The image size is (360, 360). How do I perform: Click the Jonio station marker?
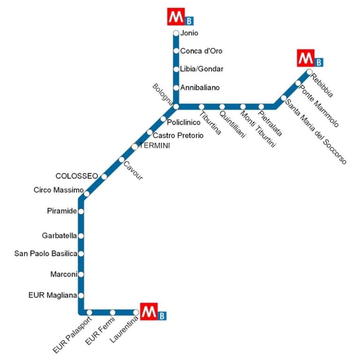pyautogui.click(x=176, y=33)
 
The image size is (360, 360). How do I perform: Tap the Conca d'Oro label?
pyautogui.click(x=201, y=51)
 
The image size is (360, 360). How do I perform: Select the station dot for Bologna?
pyautogui.click(x=176, y=106)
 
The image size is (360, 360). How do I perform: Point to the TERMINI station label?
pyautogui.click(x=155, y=146)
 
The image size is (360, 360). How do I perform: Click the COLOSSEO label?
pyautogui.click(x=77, y=176)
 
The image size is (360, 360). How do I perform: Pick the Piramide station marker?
pyautogui.click(x=81, y=211)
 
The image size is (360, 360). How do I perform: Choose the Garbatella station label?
pyautogui.click(x=59, y=236)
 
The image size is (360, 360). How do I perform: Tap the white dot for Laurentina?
pyautogui.click(x=136, y=313)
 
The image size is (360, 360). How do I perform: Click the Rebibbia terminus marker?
pyautogui.click(x=309, y=72)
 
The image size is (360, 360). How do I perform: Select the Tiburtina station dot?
pyautogui.click(x=202, y=107)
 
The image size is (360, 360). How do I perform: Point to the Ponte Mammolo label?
pyautogui.click(x=319, y=106)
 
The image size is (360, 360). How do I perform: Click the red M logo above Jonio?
pyautogui.click(x=176, y=16)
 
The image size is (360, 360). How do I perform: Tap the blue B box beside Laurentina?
pyautogui.click(x=162, y=316)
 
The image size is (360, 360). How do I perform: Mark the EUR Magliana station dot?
pyautogui.click(x=81, y=295)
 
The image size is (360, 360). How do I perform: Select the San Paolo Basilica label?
pyautogui.click(x=45, y=254)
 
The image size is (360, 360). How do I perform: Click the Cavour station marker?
pyautogui.click(x=122, y=159)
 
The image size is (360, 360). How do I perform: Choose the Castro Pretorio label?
pyautogui.click(x=178, y=135)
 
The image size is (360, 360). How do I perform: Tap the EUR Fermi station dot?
pyautogui.click(x=112, y=313)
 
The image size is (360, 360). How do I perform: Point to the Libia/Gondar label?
pyautogui.click(x=202, y=69)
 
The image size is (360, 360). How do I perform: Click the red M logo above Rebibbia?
pyautogui.click(x=306, y=58)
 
